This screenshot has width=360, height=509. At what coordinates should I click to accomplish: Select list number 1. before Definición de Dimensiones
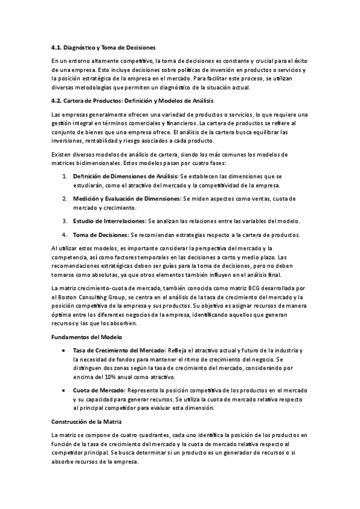(65, 176)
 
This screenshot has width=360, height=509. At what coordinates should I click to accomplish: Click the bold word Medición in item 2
(88, 198)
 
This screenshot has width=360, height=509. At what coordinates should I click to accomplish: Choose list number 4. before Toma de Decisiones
(65, 234)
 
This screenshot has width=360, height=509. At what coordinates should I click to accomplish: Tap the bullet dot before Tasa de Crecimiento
(65, 351)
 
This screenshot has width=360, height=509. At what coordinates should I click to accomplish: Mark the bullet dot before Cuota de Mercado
(65, 391)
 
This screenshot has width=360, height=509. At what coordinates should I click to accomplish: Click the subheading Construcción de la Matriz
(86, 422)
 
